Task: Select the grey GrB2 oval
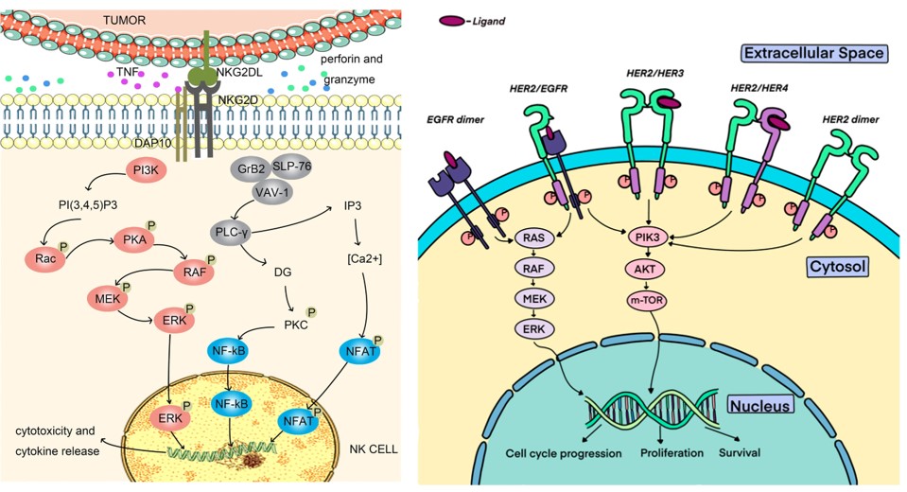point(253,168)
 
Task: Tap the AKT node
point(648,269)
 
